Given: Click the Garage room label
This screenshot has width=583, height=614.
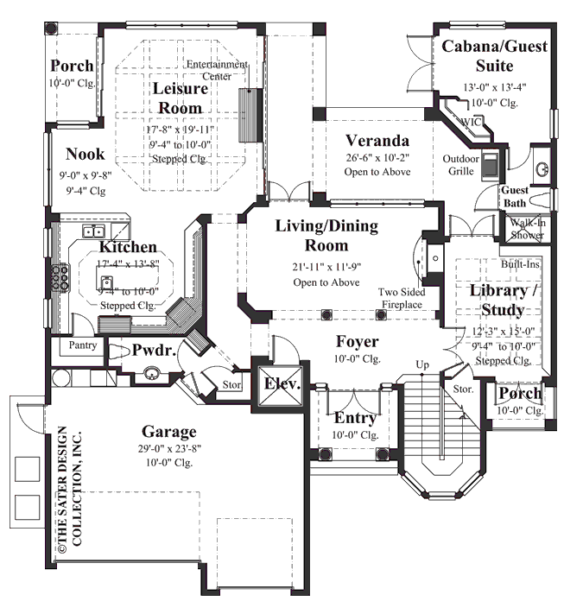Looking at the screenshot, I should pos(169,432).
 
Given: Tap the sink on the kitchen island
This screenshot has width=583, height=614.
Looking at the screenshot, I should pos(106,282).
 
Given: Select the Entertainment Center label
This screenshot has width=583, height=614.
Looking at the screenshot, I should pos(219,71).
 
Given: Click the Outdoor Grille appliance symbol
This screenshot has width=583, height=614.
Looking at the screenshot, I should pos(490,164).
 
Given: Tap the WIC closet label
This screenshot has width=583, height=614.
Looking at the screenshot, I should pos(472,122).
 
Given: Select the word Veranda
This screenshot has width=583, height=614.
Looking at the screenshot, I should pos(377,140).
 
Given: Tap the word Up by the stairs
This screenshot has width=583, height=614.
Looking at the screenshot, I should pos(422,364).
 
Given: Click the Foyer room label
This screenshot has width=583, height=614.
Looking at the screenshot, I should pos(357,339).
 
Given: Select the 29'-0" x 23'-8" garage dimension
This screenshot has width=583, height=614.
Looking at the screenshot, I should pos(169,448).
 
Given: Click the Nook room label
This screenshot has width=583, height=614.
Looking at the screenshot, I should pos(85,154).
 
